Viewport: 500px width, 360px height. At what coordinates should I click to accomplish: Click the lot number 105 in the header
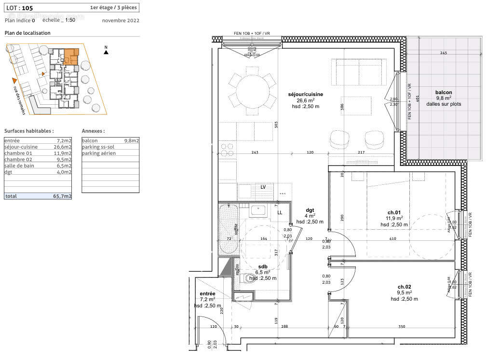coord(28,7)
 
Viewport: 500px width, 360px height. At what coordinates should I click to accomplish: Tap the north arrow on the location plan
coord(106,52)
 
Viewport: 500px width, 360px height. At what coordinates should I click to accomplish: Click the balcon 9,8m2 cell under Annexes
coord(110,140)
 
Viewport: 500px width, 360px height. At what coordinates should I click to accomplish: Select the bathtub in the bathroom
coord(228,229)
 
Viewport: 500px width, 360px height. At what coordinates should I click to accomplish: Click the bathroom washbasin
coord(257,210)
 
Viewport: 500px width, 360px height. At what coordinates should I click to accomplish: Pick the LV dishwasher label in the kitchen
coord(263,187)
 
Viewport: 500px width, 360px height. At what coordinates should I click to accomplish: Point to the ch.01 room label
coord(394,212)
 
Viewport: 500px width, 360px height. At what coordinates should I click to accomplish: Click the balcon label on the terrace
coord(443,92)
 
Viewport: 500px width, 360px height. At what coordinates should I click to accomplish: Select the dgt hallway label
coord(310,210)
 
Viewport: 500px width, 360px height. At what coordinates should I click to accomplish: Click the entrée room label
coord(208,293)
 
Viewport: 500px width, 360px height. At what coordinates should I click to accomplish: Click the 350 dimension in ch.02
coord(402,327)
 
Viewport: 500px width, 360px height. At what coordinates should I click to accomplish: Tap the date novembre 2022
coord(121,20)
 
